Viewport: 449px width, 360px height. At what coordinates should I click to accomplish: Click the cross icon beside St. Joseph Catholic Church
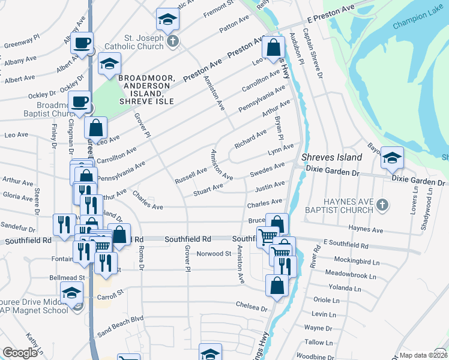(173, 41)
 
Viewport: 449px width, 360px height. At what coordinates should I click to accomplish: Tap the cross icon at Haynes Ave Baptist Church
(381, 206)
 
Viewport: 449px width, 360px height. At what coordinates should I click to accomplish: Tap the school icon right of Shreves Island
(392, 158)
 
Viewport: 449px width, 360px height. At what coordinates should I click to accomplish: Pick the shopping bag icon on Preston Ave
(273, 48)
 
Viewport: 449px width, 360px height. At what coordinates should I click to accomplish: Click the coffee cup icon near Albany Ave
(82, 44)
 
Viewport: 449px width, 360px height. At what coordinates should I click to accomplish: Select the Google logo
(20, 353)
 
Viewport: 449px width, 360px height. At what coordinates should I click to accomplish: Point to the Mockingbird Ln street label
(358, 262)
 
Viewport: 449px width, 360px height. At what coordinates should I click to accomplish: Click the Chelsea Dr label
(251, 307)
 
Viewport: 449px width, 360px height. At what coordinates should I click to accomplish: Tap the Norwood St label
(214, 254)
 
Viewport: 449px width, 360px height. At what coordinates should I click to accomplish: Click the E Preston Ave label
(330, 14)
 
